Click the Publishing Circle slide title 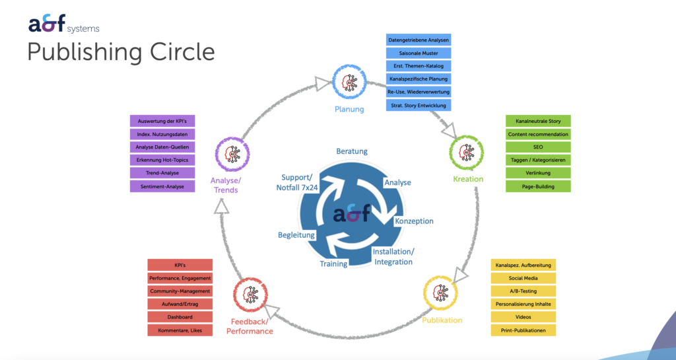point(121,52)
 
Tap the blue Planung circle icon point(348,83)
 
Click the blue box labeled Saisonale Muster point(419,54)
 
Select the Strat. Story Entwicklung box point(419,105)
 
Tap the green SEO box point(538,147)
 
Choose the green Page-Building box point(538,186)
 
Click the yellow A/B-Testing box point(524,291)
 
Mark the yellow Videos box point(524,317)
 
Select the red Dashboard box point(180,317)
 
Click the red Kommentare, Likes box point(180,330)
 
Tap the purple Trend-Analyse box point(162,173)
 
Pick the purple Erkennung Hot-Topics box point(162,161)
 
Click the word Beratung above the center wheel point(351,151)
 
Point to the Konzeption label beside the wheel point(414,221)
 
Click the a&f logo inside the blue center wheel point(351,215)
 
